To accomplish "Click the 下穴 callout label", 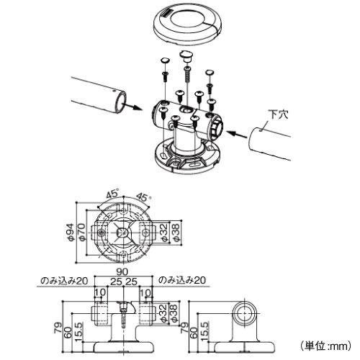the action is (278, 114).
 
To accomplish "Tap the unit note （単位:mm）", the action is (325, 346).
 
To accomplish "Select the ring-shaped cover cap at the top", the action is (187, 25).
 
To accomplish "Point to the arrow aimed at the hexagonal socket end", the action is (237, 134).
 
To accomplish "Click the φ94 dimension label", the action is (70, 233).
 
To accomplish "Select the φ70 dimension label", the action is (81, 233).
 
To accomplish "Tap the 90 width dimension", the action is (122, 271).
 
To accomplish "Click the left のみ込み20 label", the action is (64, 281).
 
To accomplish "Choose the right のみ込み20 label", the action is (182, 280).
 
